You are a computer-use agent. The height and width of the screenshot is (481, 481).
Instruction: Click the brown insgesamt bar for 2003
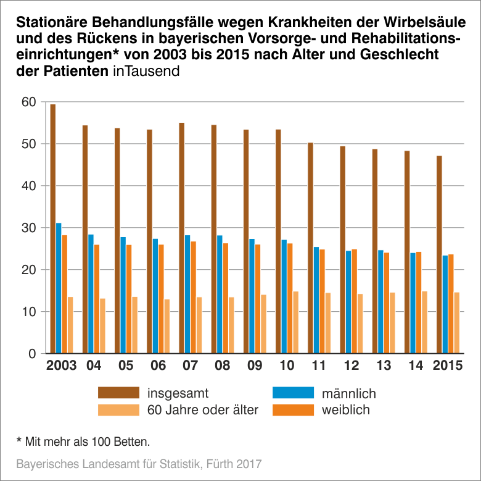53,228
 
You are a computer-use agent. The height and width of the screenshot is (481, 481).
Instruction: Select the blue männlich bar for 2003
59,288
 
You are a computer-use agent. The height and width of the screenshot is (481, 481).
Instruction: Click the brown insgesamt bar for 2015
439,254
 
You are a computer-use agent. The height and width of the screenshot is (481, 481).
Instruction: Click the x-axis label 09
254,366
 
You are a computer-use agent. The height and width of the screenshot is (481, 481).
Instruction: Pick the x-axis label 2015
448,366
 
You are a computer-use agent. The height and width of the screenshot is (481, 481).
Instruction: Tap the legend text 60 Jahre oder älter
203,409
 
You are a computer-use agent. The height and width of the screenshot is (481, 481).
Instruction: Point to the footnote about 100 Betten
83,441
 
